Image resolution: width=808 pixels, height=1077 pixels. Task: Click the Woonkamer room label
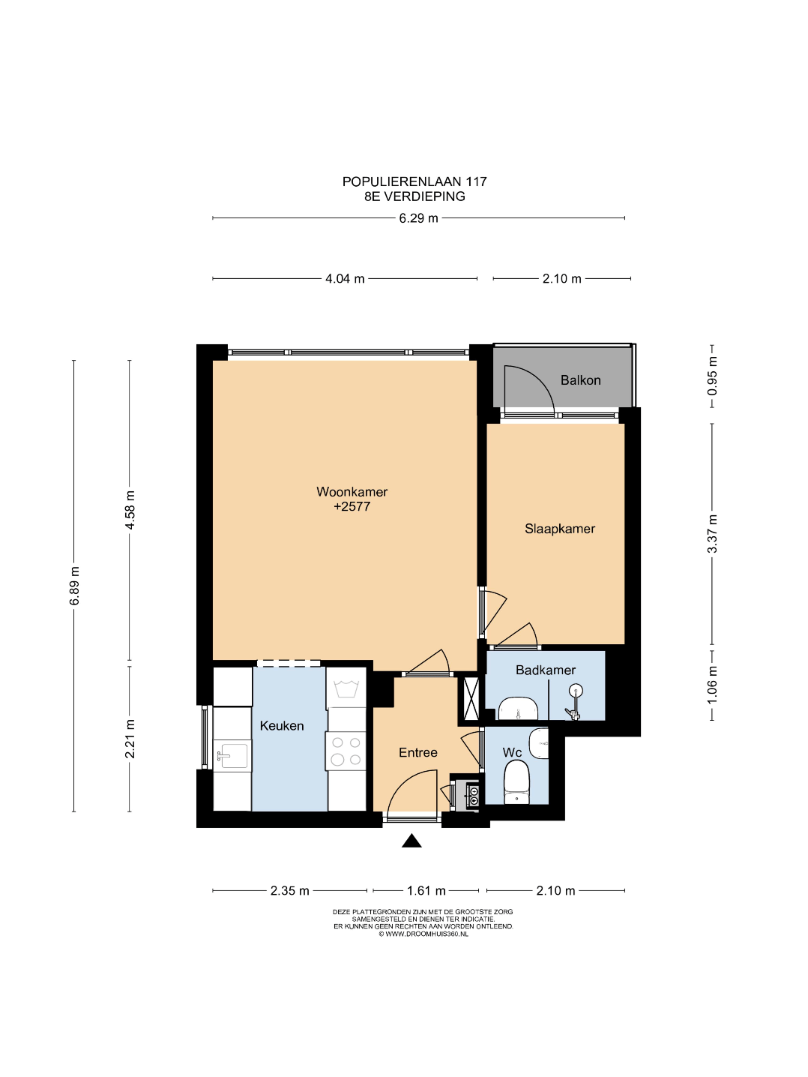coord(352,492)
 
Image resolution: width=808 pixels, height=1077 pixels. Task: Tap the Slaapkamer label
coord(559,529)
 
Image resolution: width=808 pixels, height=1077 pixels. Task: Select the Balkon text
coord(580,380)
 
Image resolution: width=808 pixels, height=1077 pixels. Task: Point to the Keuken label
coord(281,726)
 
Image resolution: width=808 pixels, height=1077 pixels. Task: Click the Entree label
coord(417,752)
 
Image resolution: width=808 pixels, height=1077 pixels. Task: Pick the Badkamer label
coord(545,670)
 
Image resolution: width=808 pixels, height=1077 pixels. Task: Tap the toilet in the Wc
coord(516,782)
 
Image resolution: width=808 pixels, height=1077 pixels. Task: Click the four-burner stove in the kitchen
coord(346,751)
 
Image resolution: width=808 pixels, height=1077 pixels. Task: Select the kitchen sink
coord(232,756)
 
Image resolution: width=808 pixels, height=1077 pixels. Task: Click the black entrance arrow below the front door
coord(411,841)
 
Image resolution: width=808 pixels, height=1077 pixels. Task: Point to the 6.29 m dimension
coord(418,217)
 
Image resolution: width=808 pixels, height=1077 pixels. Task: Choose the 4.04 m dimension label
coord(345,279)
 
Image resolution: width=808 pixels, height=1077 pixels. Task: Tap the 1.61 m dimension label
coord(426,890)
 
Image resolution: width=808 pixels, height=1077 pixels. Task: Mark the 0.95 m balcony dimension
coord(712,376)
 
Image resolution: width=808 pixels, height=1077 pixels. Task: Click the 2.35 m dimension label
coord(290,890)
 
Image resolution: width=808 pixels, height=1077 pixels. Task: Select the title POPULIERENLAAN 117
coord(414,181)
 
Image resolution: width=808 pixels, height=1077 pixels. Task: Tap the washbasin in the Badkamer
coord(518,709)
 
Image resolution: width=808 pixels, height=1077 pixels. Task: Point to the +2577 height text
coord(352,507)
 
